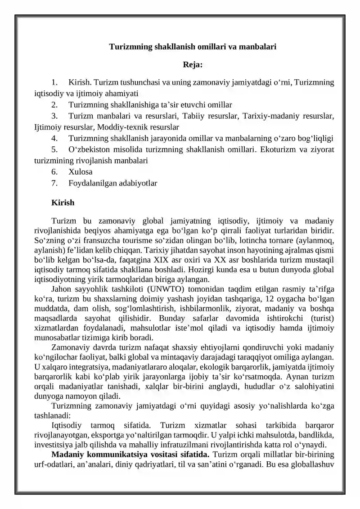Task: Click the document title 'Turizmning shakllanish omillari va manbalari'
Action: tap(193, 46)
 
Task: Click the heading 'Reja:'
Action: tap(193, 65)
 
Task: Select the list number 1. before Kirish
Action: tap(54, 82)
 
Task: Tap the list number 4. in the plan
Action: tap(54, 138)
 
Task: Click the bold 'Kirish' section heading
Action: tap(63, 203)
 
